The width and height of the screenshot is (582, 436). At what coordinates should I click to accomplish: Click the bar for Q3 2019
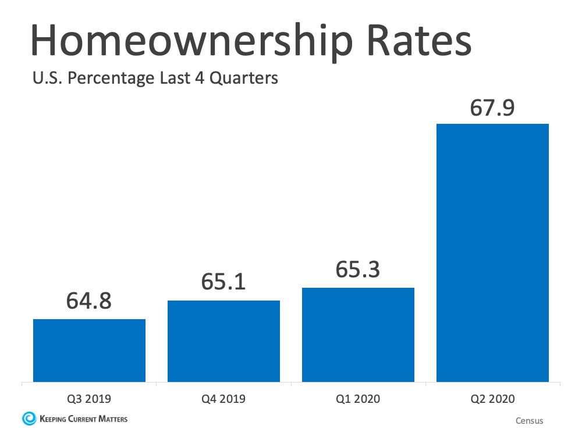click(x=89, y=351)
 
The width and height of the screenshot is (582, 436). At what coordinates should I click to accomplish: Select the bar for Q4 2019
click(x=223, y=341)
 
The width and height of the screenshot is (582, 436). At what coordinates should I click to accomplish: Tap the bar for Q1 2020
click(x=358, y=335)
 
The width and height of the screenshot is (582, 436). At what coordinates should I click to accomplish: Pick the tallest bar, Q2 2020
click(x=492, y=253)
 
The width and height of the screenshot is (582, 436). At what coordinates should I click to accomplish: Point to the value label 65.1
click(x=223, y=283)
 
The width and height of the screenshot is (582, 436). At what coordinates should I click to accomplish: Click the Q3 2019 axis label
click(x=89, y=399)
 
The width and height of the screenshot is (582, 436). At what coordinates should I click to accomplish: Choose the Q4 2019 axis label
click(x=223, y=399)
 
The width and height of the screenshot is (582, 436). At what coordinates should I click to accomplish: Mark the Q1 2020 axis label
click(x=358, y=399)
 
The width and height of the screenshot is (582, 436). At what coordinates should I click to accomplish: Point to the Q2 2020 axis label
click(x=492, y=399)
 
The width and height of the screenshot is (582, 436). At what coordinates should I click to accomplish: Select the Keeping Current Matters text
click(x=83, y=419)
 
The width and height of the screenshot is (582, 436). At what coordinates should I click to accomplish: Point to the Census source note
click(x=529, y=420)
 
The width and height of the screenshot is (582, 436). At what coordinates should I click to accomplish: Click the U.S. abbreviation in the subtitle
click(x=47, y=77)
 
